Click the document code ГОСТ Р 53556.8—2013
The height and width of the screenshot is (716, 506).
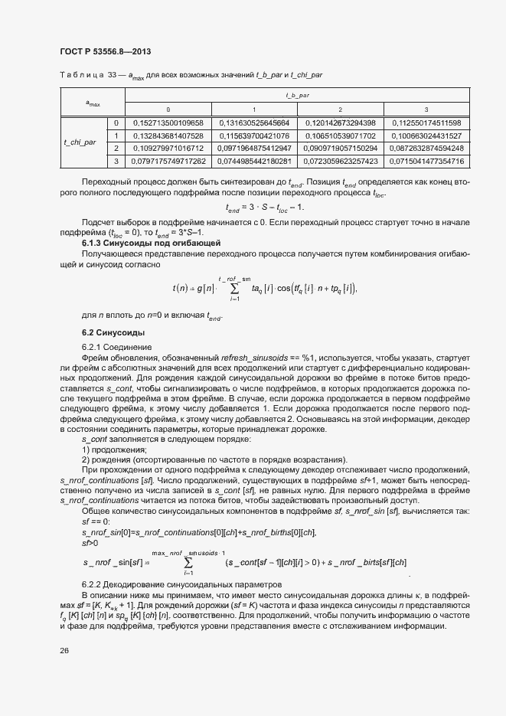pos(104,51)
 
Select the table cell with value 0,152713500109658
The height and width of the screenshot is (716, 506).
pos(168,123)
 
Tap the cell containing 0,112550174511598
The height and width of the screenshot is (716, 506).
pos(426,123)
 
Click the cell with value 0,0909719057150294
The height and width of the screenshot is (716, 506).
pos(340,148)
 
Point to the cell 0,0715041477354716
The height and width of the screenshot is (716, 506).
pos(426,161)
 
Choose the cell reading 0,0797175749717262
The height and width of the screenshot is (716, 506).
pos(168,161)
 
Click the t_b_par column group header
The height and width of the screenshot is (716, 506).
pos(296,96)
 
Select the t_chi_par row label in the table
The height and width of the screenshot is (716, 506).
pos(80,142)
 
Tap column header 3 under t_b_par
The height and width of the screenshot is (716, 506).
pos(426,109)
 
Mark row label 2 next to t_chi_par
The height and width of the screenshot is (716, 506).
pos(116,148)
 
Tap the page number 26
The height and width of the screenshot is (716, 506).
pos(64,651)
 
